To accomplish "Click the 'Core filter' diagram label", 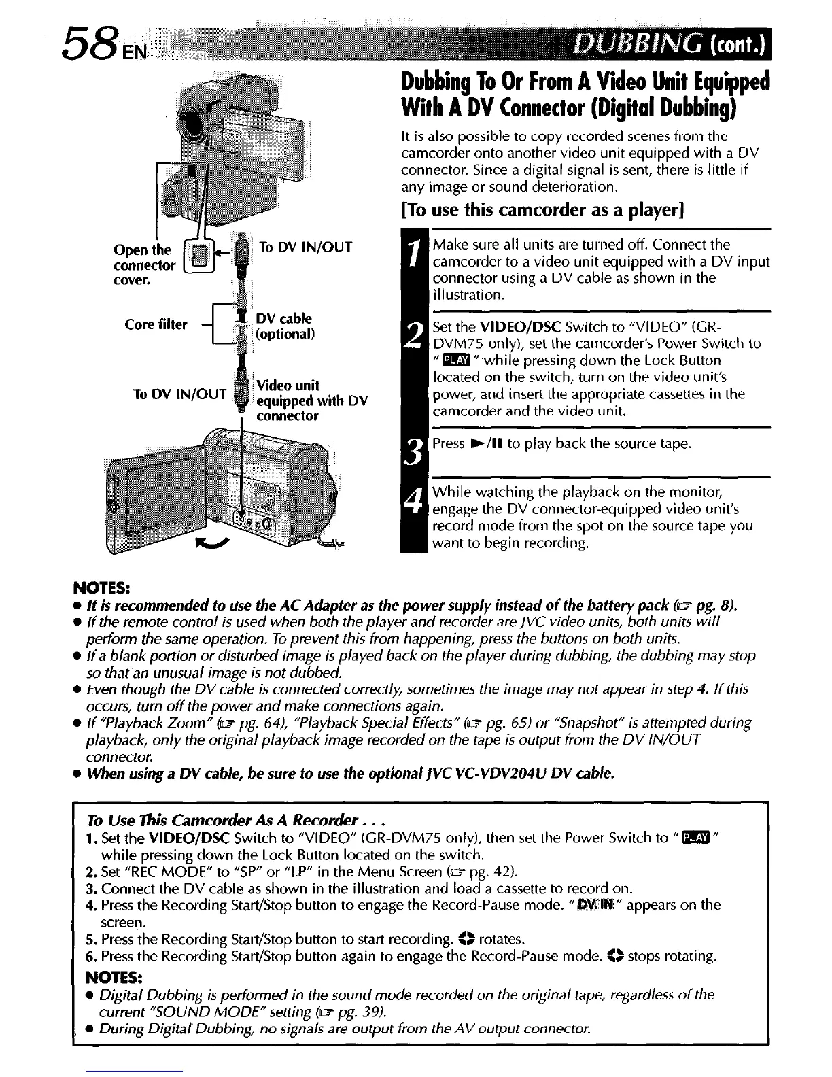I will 156,325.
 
